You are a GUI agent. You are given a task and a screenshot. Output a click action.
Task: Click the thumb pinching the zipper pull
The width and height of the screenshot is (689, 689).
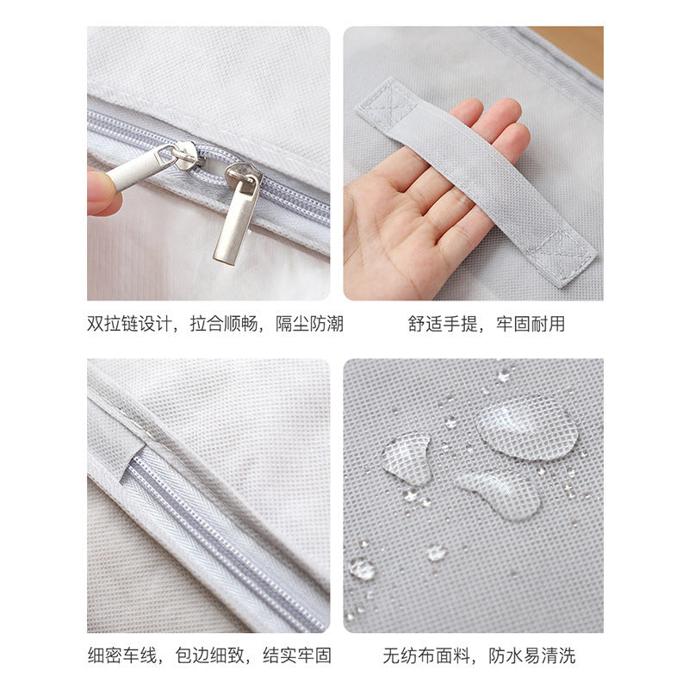99,192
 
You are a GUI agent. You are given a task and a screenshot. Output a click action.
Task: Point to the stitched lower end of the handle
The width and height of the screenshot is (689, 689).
562,256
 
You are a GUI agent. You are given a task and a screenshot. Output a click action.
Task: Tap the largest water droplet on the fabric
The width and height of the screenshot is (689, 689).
526,427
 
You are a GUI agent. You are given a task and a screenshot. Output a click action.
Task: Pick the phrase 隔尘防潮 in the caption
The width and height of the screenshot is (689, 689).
309,325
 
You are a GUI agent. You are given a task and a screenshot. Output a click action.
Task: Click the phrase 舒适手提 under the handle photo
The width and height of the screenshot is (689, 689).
442,325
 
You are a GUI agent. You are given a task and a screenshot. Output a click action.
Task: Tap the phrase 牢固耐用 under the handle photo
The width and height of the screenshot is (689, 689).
531,325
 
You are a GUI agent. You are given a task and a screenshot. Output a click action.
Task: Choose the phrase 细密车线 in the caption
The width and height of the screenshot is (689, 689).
121,655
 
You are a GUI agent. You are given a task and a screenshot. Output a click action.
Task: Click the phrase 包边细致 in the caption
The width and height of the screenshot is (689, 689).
209,655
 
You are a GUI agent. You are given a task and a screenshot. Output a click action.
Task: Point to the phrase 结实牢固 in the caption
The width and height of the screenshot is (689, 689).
297,655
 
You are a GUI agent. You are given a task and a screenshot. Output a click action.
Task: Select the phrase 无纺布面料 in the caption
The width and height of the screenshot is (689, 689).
425,655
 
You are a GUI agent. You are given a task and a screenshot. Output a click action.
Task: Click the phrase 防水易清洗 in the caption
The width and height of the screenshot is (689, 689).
531,655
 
